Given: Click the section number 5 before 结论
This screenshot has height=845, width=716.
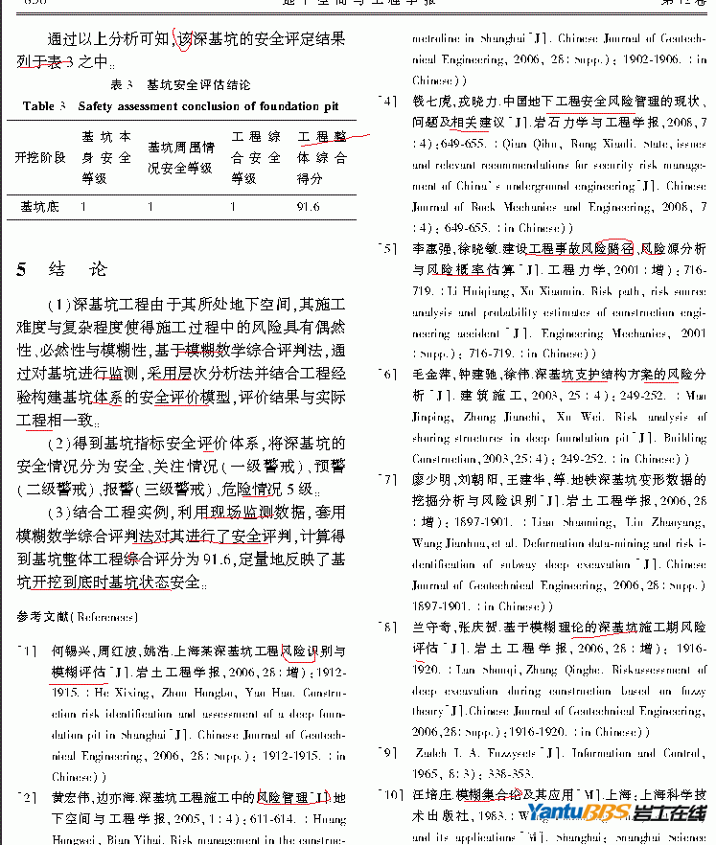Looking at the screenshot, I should coord(21,269).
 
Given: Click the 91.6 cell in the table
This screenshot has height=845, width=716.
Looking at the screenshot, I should coord(309,206).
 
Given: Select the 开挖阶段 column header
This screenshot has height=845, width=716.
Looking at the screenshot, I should coord(40,157).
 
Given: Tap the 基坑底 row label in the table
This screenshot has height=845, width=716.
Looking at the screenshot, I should coord(40,206).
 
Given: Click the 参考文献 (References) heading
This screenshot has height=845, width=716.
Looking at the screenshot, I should coord(78,617).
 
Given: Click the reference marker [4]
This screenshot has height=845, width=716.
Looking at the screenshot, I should coord(387,101).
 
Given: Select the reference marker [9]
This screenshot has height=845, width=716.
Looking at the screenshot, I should coord(387,753).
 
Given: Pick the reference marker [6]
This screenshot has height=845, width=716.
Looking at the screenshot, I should coord(387,375).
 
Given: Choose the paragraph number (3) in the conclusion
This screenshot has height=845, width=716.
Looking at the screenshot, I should coord(59,513).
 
